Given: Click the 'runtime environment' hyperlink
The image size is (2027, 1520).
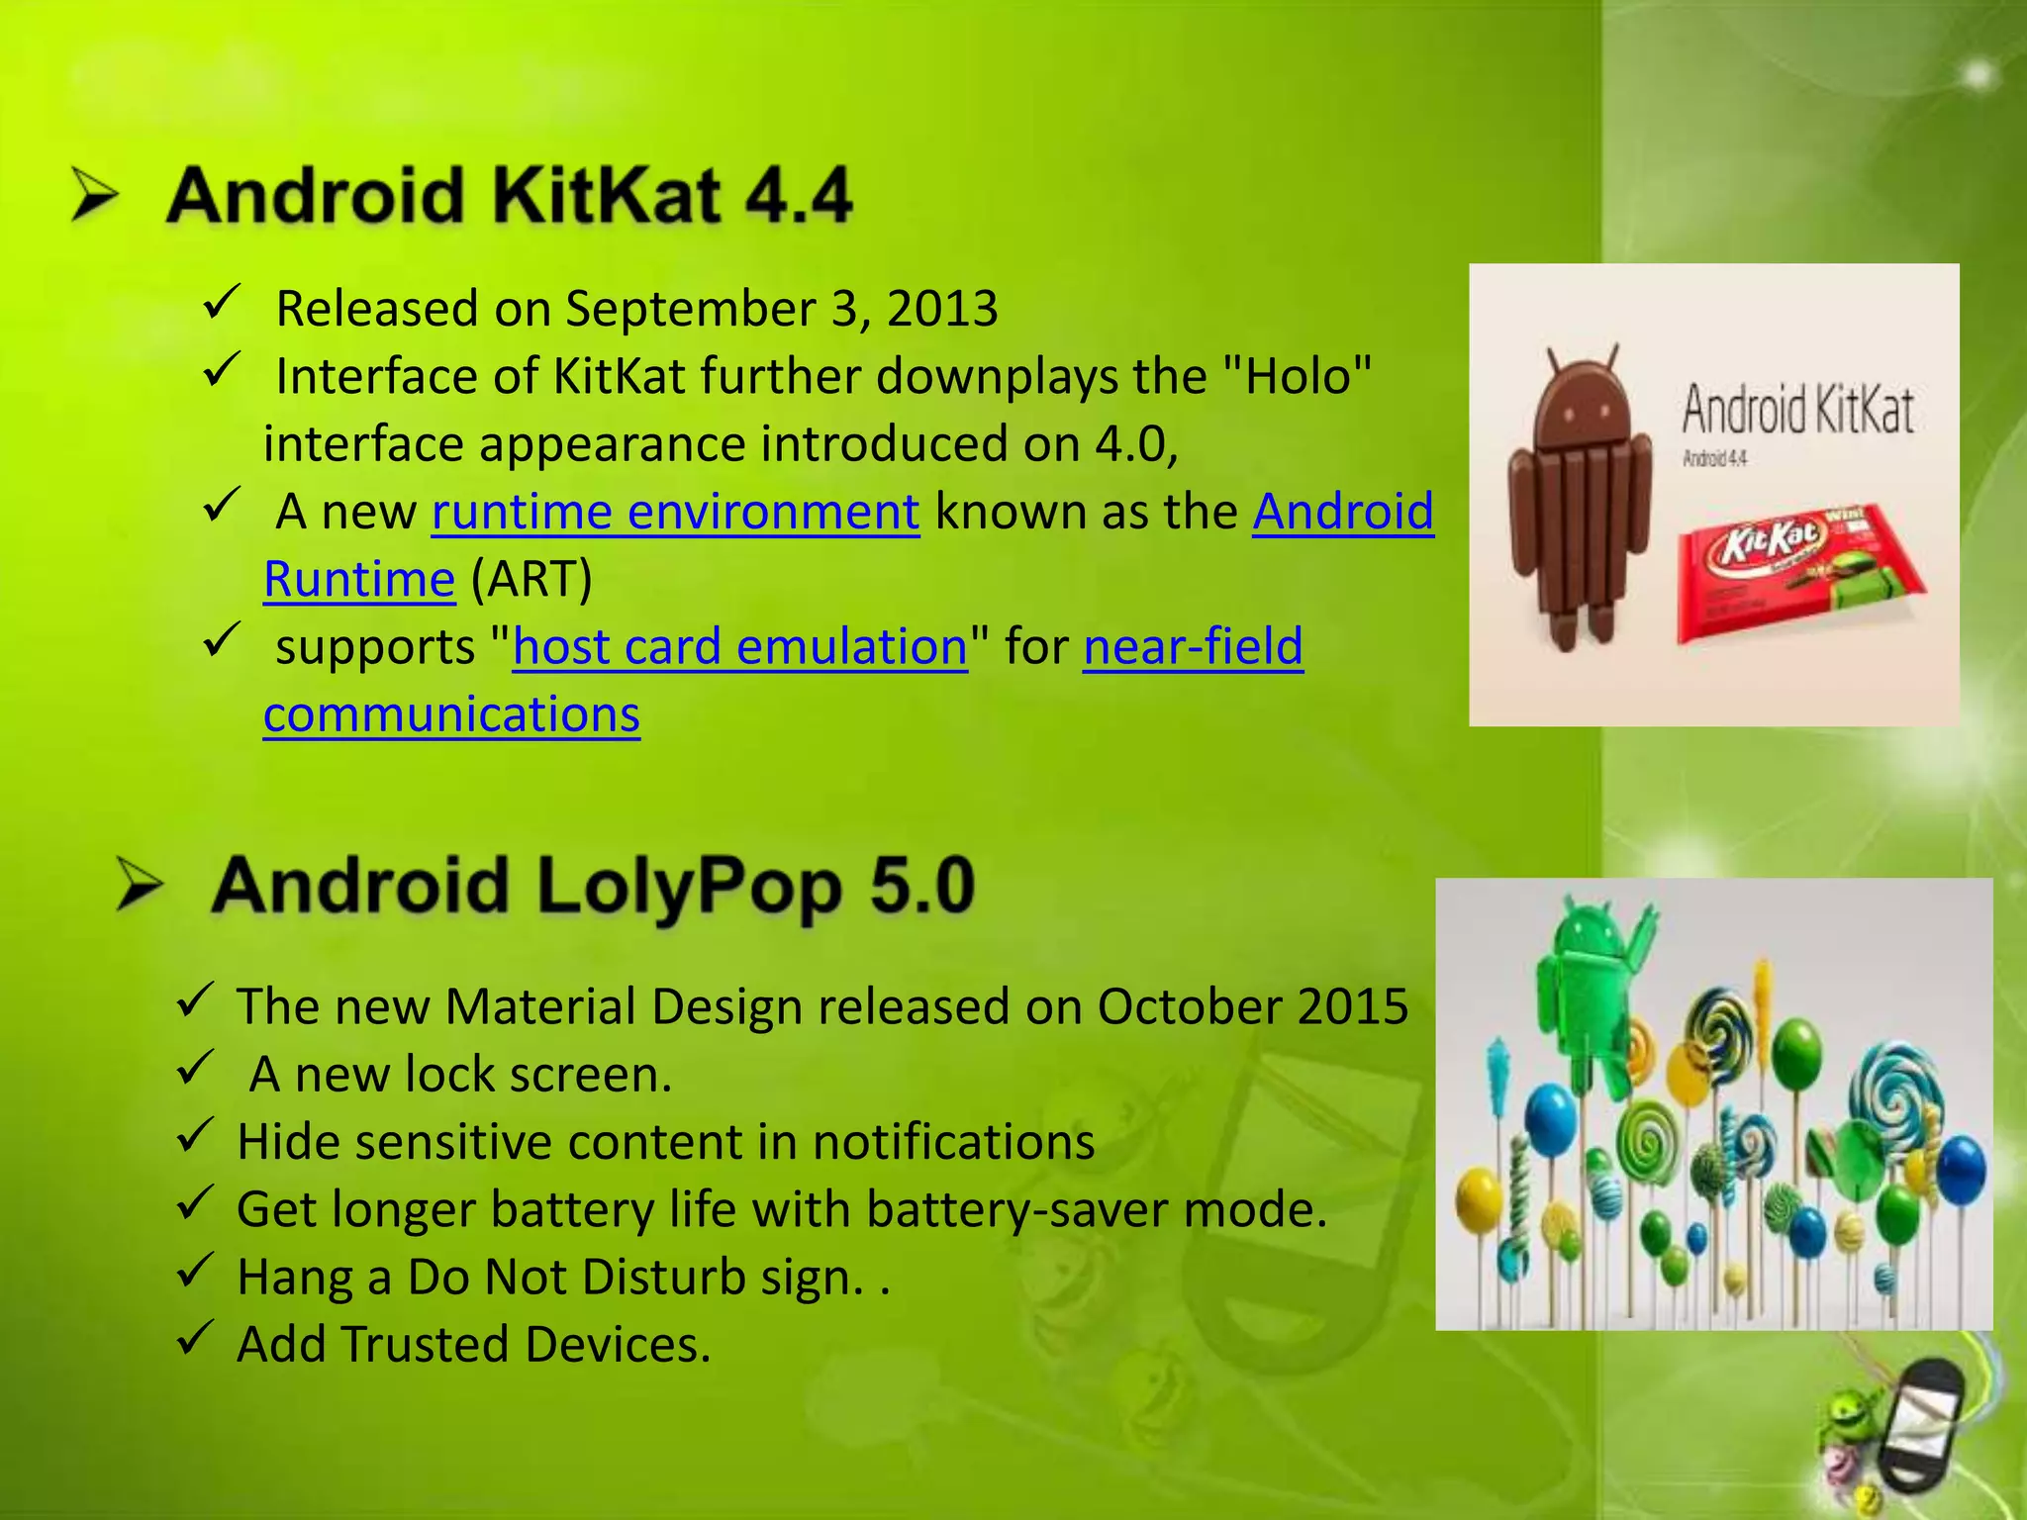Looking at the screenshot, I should tap(675, 513).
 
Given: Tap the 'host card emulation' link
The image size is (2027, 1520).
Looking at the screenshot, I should tap(739, 648).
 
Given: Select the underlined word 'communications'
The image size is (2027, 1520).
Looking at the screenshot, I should tap(451, 715).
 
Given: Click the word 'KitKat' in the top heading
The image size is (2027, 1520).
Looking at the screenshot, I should tap(606, 195).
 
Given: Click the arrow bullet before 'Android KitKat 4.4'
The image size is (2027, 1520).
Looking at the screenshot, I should tap(96, 194).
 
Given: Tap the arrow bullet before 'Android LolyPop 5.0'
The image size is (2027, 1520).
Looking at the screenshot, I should tap(140, 884).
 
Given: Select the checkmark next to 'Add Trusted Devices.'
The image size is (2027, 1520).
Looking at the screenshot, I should tap(195, 1337).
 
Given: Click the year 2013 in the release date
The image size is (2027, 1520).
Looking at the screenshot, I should tap(942, 309).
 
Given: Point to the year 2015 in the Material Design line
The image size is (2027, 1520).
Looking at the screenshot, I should tap(1353, 1007).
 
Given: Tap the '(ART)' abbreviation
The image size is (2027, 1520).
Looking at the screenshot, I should tap(531, 580).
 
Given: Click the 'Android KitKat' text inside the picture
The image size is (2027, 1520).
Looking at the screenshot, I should tap(1797, 410).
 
